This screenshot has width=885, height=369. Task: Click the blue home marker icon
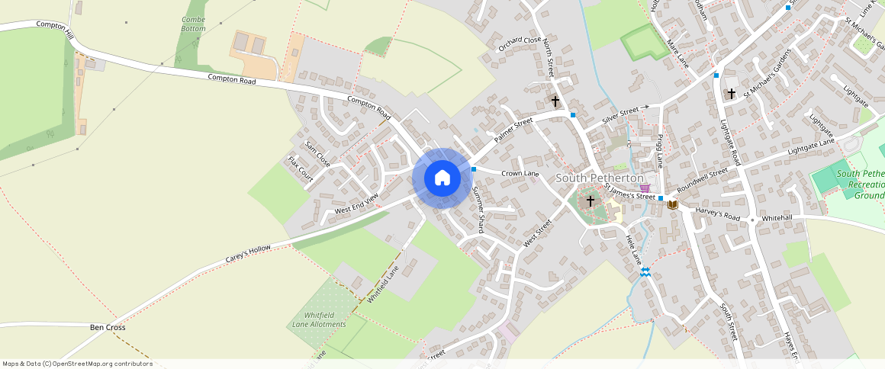(442, 178)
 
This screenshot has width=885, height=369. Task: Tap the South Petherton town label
(600, 178)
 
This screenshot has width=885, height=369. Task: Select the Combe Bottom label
(194, 24)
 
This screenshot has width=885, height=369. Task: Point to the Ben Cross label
(108, 327)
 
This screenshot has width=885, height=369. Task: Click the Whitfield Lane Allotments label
(319, 319)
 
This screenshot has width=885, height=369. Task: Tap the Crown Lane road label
(520, 174)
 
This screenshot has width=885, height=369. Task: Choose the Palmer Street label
(513, 130)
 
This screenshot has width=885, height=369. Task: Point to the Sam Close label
(317, 154)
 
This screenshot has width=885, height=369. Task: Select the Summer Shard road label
(478, 208)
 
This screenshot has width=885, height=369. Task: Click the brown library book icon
(672, 204)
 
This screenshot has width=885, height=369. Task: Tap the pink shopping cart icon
(645, 188)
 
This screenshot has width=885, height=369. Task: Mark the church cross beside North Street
(555, 101)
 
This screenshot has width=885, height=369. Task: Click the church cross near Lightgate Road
(731, 94)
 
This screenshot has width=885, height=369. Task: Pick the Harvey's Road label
(717, 217)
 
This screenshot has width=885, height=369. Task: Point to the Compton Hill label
(55, 30)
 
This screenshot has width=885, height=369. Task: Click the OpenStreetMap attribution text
(78, 364)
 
